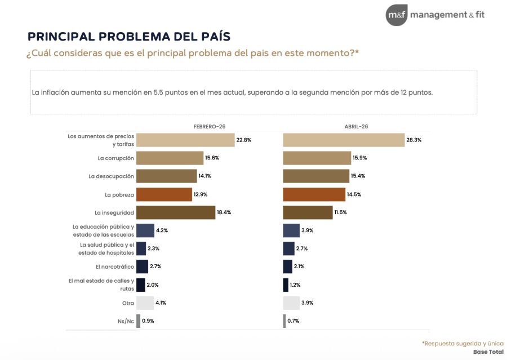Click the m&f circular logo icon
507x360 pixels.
(x=397, y=15)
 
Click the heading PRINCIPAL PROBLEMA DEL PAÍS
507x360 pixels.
(x=129, y=37)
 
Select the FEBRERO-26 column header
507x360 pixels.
(x=209, y=127)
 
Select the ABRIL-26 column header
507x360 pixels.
(x=357, y=127)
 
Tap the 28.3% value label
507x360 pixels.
(x=415, y=140)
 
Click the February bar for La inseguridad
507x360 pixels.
(x=176, y=212)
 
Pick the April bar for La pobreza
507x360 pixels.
(x=314, y=194)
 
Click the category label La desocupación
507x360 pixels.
(x=111, y=176)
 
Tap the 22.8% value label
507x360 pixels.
(x=244, y=140)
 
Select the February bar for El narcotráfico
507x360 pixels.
(x=142, y=266)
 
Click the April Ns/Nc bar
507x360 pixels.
(x=284, y=321)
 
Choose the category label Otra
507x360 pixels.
(x=127, y=303)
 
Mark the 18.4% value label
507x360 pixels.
(x=225, y=212)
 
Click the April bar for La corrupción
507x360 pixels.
(x=316, y=158)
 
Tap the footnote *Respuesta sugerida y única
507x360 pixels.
(x=462, y=343)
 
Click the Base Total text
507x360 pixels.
(x=488, y=352)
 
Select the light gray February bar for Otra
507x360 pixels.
(x=145, y=303)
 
